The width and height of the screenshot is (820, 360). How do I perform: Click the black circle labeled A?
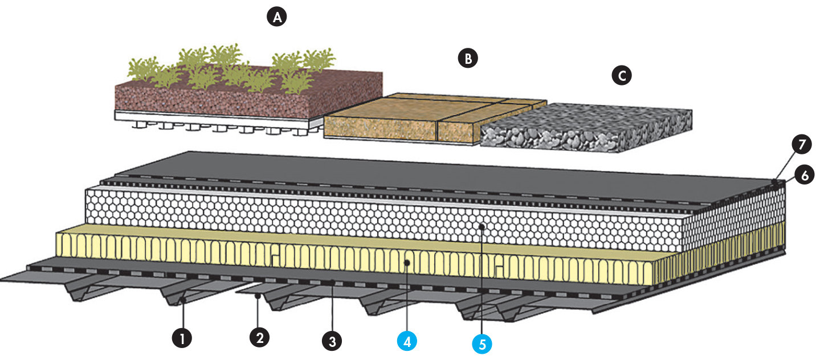click(277, 17)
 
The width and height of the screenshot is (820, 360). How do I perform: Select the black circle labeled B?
click(468, 58)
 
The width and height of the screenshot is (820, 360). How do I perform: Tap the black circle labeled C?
click(622, 75)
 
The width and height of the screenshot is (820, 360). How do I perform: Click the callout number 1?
click(182, 337)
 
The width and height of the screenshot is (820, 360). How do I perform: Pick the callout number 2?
click(259, 337)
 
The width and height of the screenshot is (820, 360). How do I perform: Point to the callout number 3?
click(332, 341)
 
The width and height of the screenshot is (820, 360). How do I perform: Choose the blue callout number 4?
click(407, 341)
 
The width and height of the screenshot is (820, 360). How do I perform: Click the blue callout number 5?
click(482, 344)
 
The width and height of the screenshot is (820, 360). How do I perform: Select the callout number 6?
click(805, 175)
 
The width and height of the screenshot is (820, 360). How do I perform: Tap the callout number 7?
click(802, 144)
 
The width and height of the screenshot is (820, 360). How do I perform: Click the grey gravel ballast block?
click(586, 128)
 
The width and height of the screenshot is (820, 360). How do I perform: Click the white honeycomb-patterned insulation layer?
click(385, 219)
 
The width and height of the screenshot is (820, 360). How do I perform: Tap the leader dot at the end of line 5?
click(482, 227)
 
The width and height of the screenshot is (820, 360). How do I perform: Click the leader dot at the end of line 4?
click(407, 263)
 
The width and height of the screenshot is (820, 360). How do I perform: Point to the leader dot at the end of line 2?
click(258, 296)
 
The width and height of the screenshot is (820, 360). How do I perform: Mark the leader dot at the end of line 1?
click(183, 300)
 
